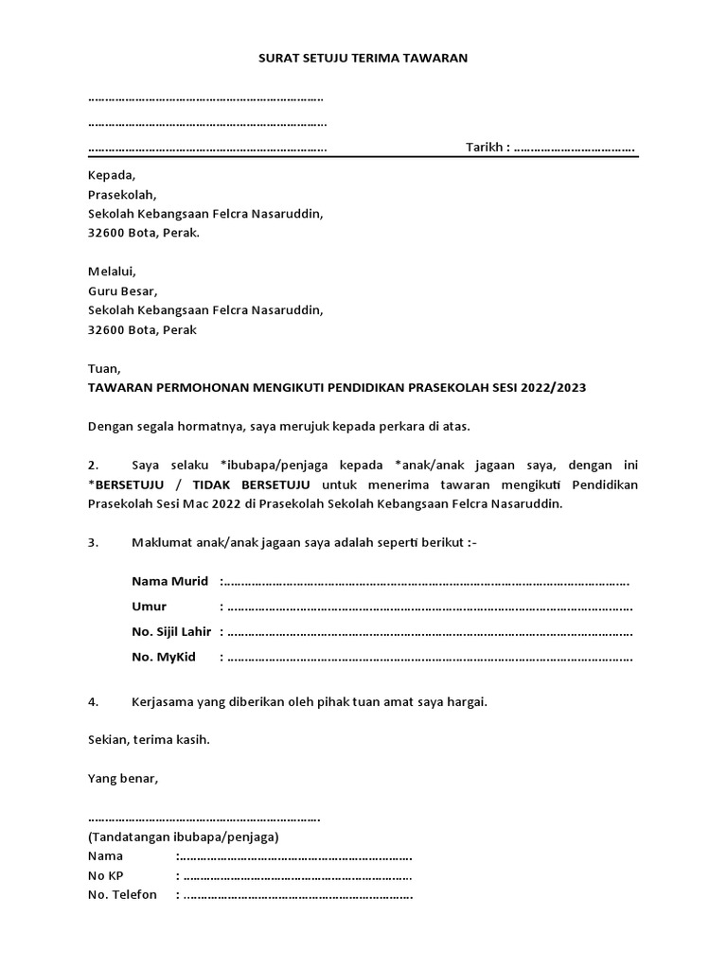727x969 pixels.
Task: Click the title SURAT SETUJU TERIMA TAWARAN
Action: [363, 58]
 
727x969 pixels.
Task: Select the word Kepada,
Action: [112, 175]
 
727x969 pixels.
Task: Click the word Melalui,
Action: [112, 272]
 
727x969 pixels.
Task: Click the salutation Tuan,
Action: [104, 368]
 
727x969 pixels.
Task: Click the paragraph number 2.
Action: [93, 466]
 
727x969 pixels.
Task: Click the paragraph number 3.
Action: [93, 542]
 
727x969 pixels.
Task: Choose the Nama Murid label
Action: [169, 581]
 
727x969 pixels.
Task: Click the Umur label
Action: [149, 607]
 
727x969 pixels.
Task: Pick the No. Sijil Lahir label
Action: [174, 632]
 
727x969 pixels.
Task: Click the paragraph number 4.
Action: [93, 702]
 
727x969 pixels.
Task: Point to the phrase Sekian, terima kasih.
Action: [149, 740]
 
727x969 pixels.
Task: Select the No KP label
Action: [105, 875]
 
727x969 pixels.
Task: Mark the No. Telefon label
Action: [122, 895]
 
